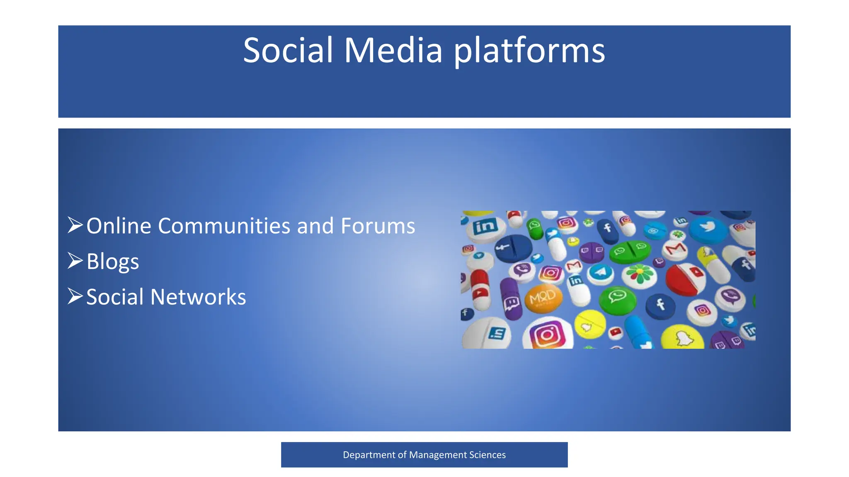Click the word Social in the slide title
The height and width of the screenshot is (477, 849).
(288, 51)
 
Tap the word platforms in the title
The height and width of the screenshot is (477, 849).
(529, 51)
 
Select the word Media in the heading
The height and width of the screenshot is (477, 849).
(393, 51)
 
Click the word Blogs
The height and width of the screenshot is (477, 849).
(112, 262)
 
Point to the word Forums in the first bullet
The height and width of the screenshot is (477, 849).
(378, 226)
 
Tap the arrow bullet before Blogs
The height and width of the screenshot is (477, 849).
(75, 261)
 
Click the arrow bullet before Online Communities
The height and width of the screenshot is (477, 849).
(75, 225)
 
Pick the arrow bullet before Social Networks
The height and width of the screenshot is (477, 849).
(75, 296)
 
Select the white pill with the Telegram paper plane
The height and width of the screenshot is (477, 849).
(600, 273)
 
